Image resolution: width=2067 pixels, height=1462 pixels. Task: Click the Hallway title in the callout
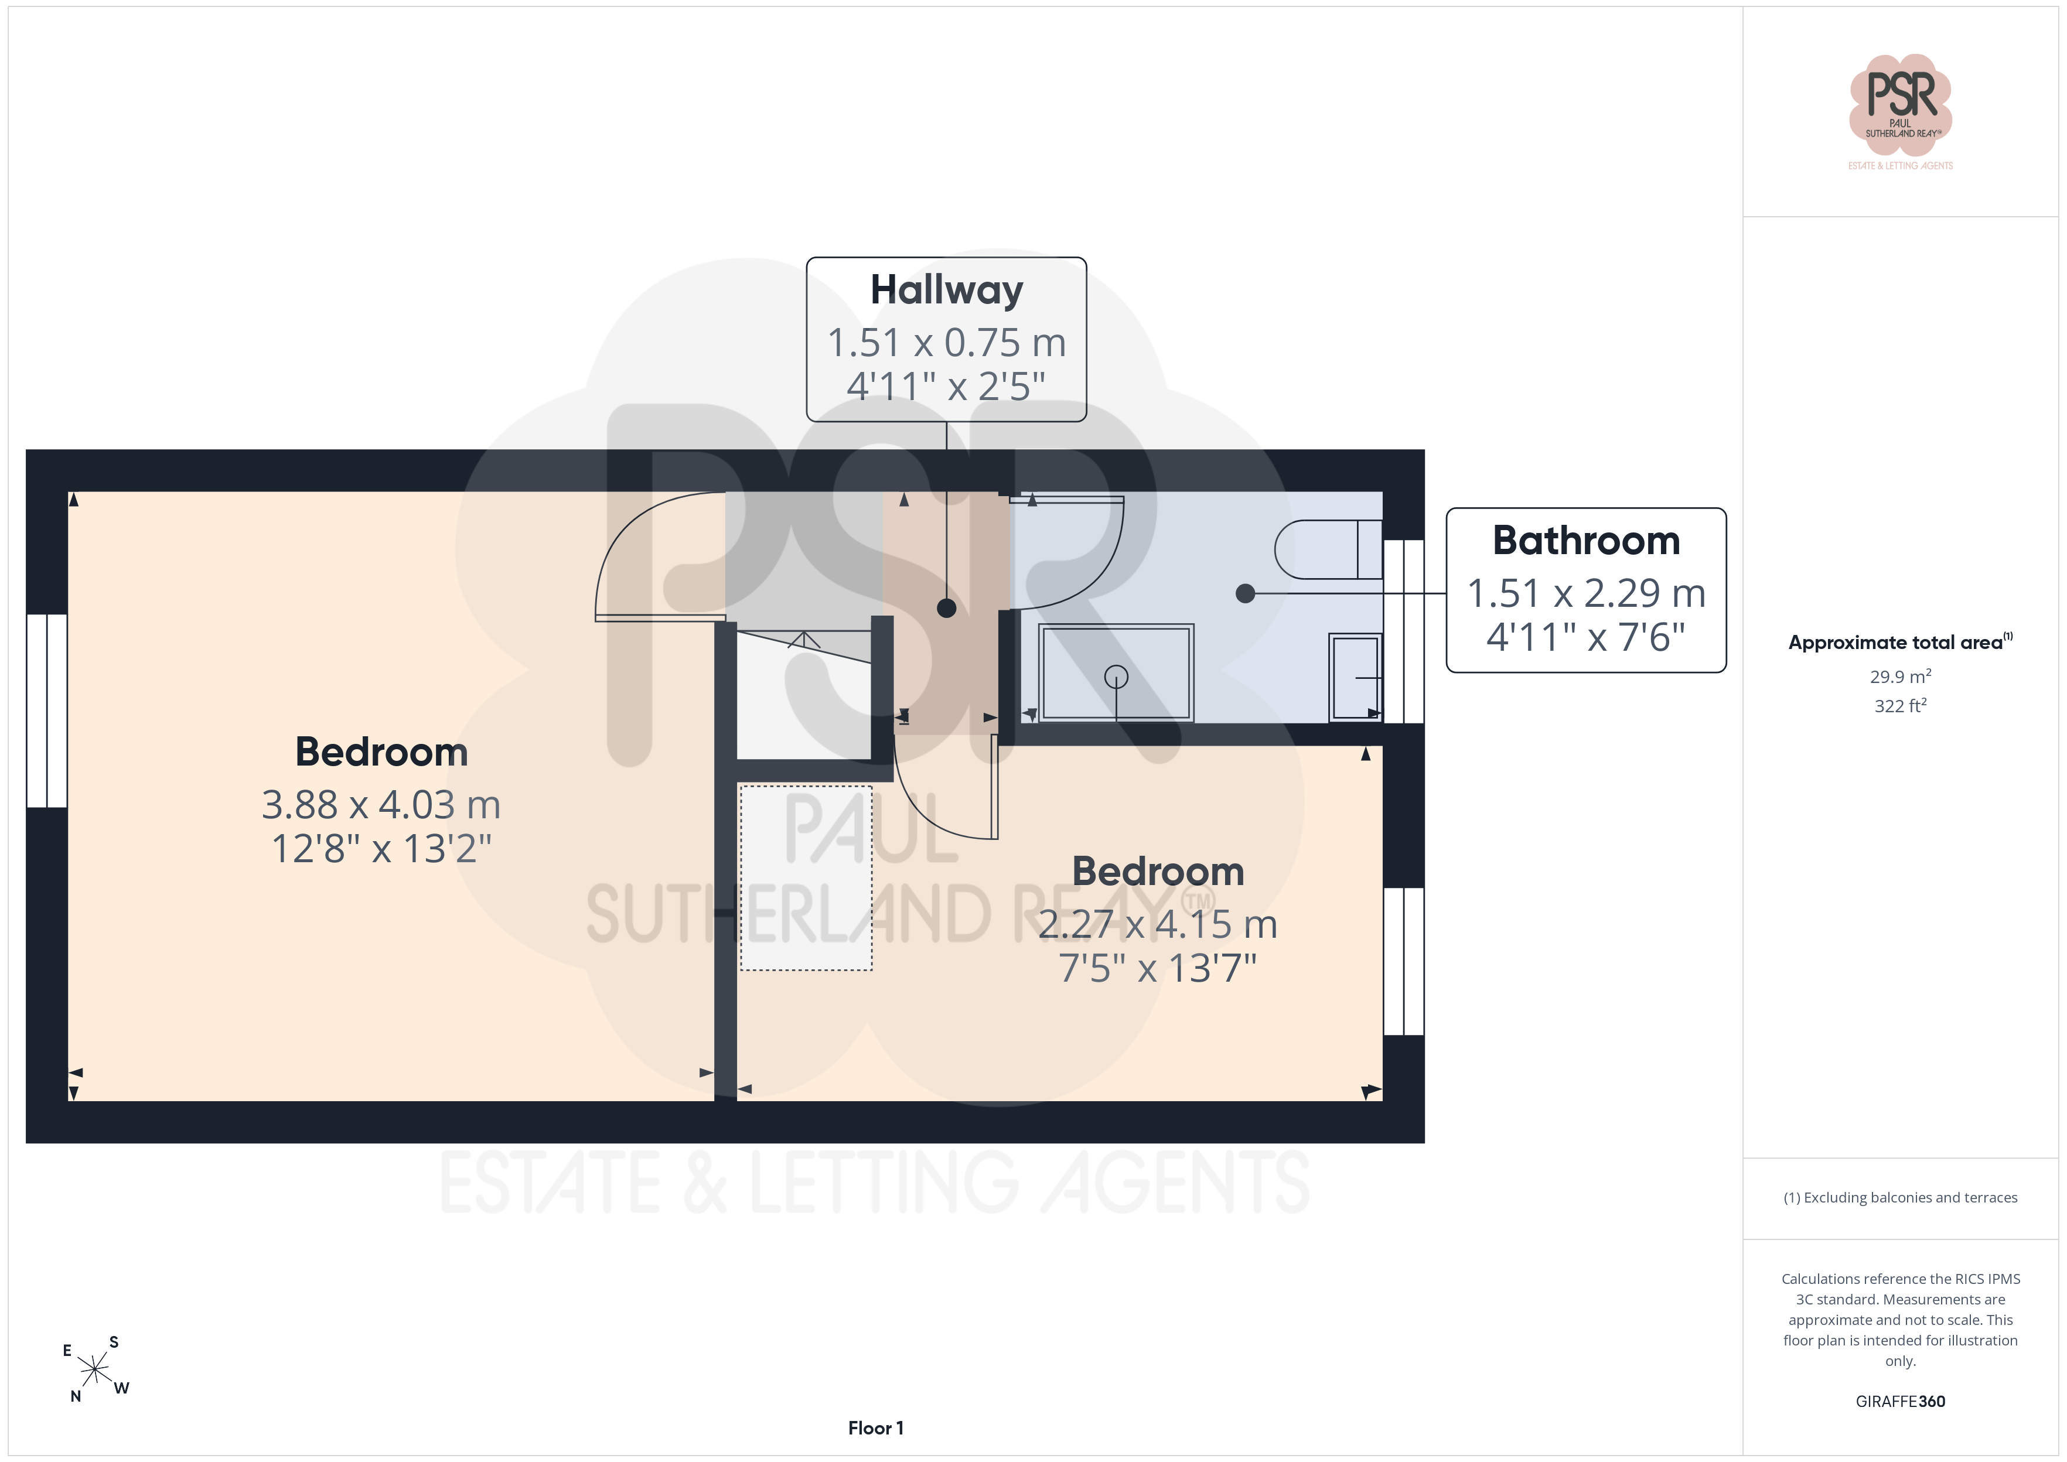(x=946, y=291)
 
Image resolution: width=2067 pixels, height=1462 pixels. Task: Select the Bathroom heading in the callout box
(x=1586, y=541)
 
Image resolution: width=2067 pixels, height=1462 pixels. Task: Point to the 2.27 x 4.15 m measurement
(x=1158, y=924)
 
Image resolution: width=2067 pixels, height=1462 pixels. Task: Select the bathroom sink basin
(x=1356, y=677)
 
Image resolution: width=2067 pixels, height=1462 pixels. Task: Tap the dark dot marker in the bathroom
(x=1245, y=593)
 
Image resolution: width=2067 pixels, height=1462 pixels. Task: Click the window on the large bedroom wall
(x=47, y=711)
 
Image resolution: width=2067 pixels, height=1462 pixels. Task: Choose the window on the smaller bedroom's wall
(x=1404, y=961)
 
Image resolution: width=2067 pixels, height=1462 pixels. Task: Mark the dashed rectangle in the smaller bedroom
(x=806, y=878)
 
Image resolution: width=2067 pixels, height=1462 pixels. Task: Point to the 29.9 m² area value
(x=1901, y=676)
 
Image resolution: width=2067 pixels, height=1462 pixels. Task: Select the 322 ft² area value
(x=1901, y=706)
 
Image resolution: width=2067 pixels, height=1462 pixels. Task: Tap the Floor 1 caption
(x=875, y=1428)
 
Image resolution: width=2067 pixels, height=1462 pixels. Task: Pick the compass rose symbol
(x=94, y=1369)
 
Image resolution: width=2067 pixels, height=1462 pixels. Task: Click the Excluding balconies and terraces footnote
(x=1901, y=1197)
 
